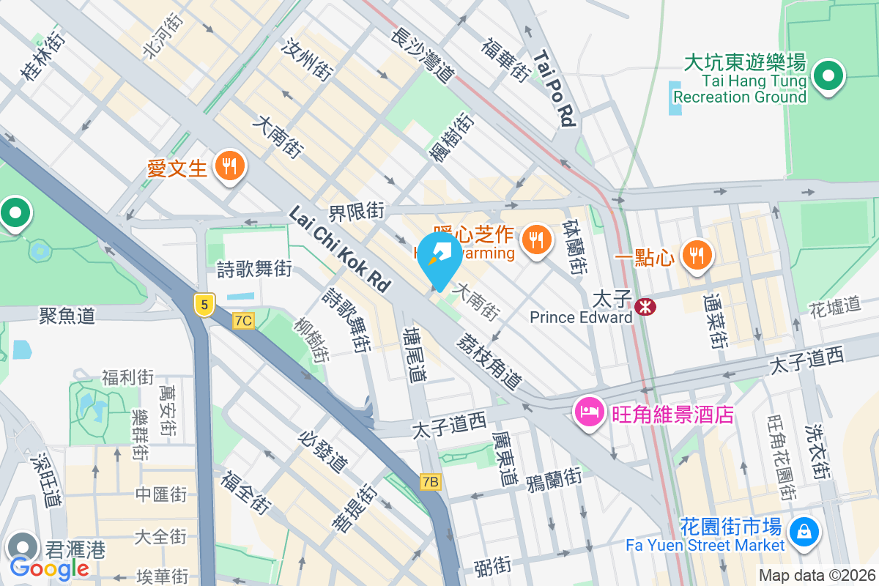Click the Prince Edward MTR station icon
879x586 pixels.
point(646,307)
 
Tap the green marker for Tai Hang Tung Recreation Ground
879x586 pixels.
point(829,75)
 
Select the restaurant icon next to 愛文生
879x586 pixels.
point(230,166)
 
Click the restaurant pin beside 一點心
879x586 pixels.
point(693,255)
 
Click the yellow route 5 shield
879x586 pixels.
point(204,305)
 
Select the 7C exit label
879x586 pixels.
point(244,320)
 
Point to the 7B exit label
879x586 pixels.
point(431,481)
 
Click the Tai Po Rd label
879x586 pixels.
point(554,89)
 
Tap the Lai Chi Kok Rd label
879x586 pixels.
point(340,249)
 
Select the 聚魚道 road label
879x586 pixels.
point(67,316)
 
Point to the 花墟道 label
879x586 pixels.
point(835,305)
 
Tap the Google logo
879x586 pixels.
point(49,568)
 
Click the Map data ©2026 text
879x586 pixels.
point(816,575)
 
